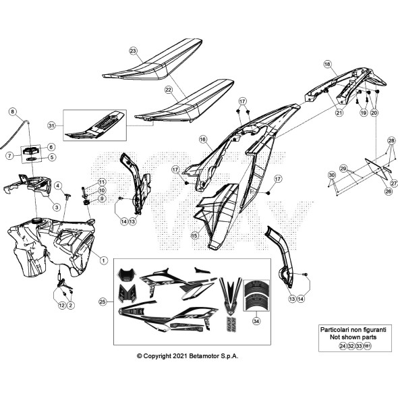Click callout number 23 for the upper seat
[133, 51]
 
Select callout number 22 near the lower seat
[168, 89]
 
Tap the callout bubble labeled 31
[69, 126]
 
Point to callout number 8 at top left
[12, 111]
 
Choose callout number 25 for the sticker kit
[103, 301]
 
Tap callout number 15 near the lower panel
[194, 235]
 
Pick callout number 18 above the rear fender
[327, 65]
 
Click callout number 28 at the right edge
[390, 140]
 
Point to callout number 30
[332, 175]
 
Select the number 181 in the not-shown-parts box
[367, 345]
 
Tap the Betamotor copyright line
[187, 356]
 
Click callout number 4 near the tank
[58, 186]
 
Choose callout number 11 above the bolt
[102, 182]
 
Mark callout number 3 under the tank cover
[57, 207]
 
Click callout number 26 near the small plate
[369, 191]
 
